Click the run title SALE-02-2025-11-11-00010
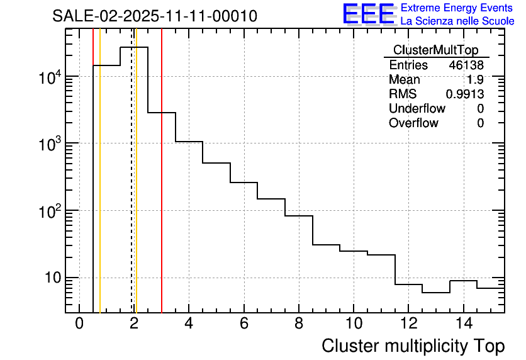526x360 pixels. coord(155,16)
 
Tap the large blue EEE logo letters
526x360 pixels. coord(368,14)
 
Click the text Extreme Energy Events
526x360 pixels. coord(457,8)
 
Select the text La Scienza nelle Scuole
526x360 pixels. coord(457,21)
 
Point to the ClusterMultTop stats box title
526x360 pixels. coord(435,50)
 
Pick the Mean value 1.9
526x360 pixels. coord(475,80)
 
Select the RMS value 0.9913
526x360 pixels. coord(465,94)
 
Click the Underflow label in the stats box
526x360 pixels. coord(417,108)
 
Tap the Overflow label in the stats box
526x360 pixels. coord(413,123)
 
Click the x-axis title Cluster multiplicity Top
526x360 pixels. coord(413,346)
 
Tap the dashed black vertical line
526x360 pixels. coord(131,189)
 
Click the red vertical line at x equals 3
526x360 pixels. coord(162,189)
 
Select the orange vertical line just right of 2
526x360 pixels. coord(136,189)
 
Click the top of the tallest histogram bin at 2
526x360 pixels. coord(134,47)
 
